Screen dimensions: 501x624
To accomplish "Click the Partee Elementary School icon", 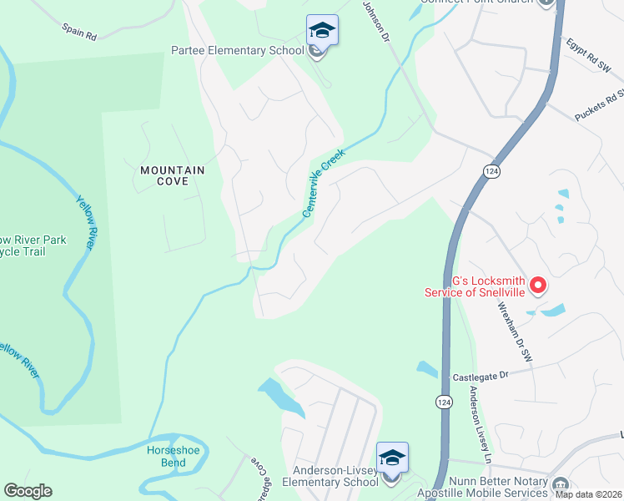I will tap(322, 32).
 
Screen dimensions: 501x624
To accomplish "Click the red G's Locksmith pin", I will tap(538, 286).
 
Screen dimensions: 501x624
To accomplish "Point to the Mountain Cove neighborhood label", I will tap(172, 176).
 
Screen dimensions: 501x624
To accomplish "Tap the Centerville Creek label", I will tap(324, 184).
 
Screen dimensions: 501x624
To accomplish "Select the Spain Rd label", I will tap(80, 32).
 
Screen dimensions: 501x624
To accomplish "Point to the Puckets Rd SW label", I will tap(600, 104).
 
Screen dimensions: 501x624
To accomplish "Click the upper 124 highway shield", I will tap(491, 170).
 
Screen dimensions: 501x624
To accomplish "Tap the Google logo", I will tap(28, 491).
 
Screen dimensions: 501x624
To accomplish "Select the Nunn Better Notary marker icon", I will tap(560, 483).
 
